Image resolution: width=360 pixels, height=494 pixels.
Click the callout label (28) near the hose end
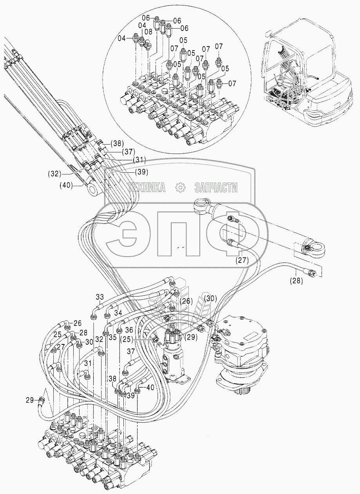coord(297,280)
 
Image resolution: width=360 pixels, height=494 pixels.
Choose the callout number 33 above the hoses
coord(101,297)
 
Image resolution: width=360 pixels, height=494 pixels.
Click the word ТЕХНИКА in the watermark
coord(145,188)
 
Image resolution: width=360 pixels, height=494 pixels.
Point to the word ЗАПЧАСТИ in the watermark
coord(216,188)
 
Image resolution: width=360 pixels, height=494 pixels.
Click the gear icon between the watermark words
coord(181,188)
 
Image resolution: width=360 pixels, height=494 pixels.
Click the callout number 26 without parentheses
coord(77,323)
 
